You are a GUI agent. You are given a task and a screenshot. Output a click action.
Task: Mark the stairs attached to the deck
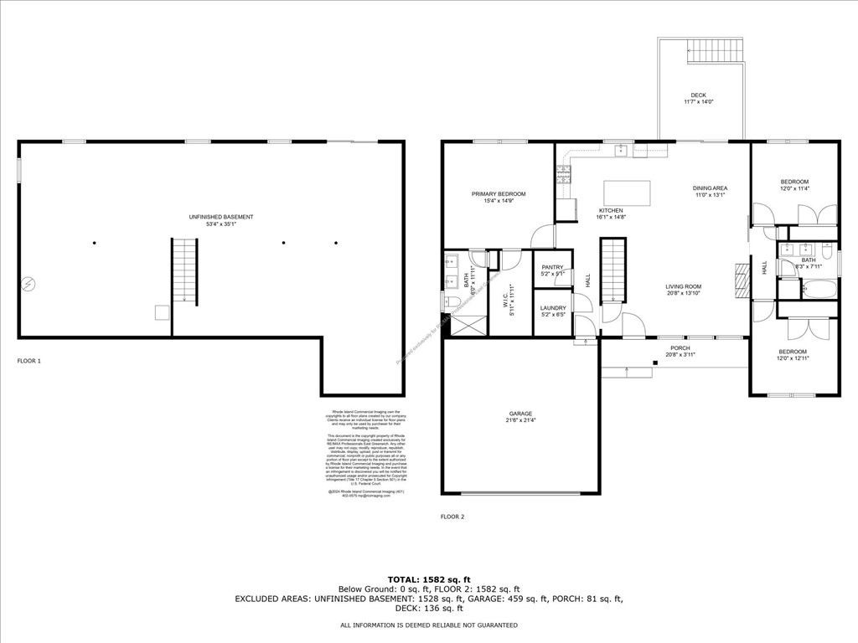click(715, 53)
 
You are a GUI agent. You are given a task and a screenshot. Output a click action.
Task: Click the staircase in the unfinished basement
click(185, 271)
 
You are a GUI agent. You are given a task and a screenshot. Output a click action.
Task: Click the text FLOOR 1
click(29, 361)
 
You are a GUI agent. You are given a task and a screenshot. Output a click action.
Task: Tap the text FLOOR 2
click(452, 517)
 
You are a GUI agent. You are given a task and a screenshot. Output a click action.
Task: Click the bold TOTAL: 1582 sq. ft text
click(429, 579)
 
